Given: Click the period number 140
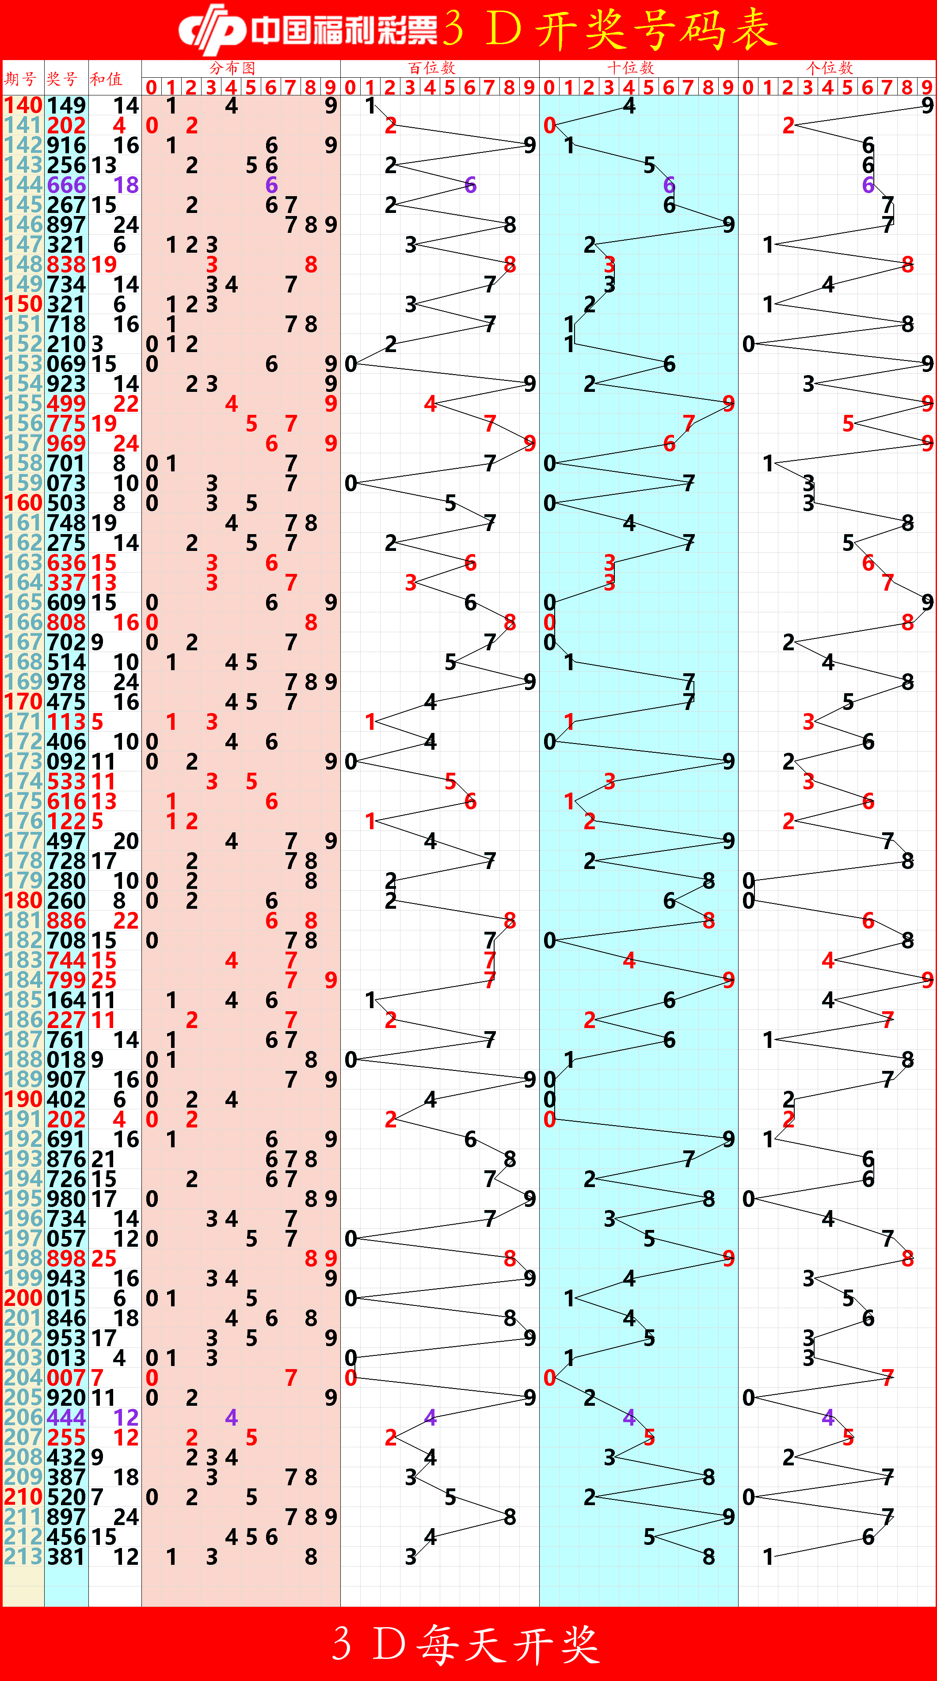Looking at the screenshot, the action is pyautogui.click(x=23, y=105).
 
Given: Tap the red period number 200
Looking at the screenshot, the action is pyautogui.click(x=23, y=1298).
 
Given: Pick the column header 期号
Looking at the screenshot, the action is pyautogui.click(x=20, y=79).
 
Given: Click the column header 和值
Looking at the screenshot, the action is pyautogui.click(x=107, y=79).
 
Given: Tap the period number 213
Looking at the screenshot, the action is pyautogui.click(x=23, y=1556).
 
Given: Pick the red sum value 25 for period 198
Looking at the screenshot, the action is pyautogui.click(x=104, y=1258).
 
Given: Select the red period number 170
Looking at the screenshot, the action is pyautogui.click(x=23, y=702).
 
